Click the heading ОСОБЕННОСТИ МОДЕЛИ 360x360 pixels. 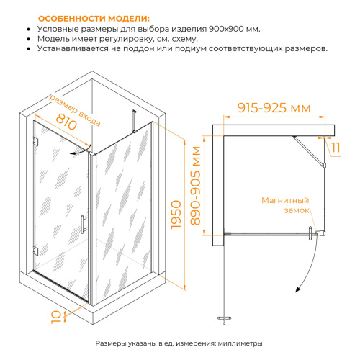pyautogui.click(x=94, y=19)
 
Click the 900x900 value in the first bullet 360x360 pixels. pyautogui.click(x=225, y=29)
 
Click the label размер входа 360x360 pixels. pyautogui.click(x=75, y=110)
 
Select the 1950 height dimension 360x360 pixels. pyautogui.click(x=176, y=215)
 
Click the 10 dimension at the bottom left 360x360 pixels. pyautogui.click(x=55, y=318)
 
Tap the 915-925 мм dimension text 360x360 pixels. pyautogui.click(x=274, y=108)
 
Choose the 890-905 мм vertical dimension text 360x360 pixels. pyautogui.click(x=195, y=186)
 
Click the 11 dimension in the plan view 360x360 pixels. pyautogui.click(x=336, y=148)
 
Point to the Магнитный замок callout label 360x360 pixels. pyautogui.click(x=285, y=205)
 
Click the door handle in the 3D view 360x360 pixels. pyautogui.click(x=84, y=225)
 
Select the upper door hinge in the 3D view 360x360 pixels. pyautogui.click(x=35, y=141)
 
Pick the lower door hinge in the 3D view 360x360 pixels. pyautogui.click(x=35, y=251)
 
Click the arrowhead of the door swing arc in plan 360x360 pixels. pyautogui.click(x=297, y=290)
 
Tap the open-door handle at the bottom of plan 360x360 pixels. pyautogui.click(x=225, y=318)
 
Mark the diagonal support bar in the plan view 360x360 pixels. pyautogui.click(x=308, y=150)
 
